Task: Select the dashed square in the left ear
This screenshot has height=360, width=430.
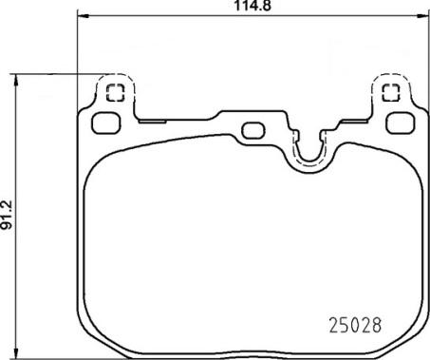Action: (115, 93)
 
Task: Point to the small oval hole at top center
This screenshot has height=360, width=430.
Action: (253, 130)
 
